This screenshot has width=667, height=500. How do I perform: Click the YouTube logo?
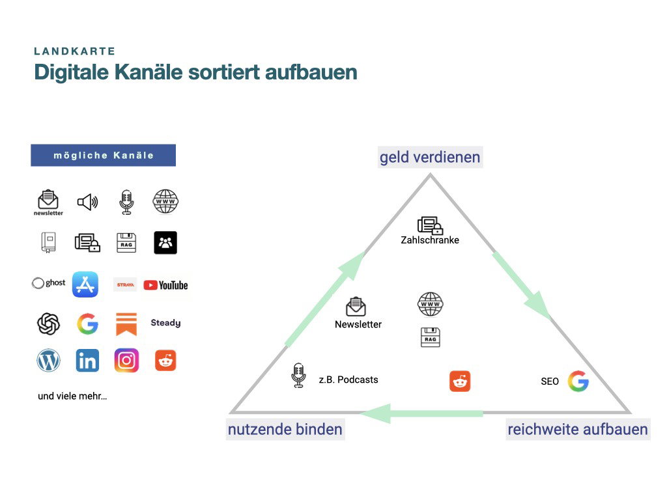pos(165,285)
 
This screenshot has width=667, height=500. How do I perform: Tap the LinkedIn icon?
pos(87,361)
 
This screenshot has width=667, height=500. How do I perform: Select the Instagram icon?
pos(126,361)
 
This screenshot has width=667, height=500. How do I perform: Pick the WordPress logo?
pos(48,361)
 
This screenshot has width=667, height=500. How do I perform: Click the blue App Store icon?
pos(85,285)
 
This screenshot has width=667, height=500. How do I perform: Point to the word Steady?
pos(165,323)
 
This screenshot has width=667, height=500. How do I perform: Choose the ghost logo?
pos(48,283)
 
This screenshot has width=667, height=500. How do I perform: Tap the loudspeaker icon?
pos(88,202)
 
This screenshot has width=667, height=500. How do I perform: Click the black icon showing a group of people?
pos(165,243)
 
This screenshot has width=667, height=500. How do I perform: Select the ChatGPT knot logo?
pos(48,324)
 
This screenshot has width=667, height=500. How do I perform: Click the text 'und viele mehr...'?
pos(72,396)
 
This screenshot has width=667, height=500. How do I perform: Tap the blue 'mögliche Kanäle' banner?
pos(104,155)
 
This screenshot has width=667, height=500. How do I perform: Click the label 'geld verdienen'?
pos(430,158)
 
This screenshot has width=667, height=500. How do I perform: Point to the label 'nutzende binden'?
pos(285,430)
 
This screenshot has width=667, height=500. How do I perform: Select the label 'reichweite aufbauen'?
pos(578,430)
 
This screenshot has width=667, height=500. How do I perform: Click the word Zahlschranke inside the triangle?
pos(430,240)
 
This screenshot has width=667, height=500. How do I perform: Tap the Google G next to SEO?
pos(578,381)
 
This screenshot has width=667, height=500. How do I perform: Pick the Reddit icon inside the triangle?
pos(460,381)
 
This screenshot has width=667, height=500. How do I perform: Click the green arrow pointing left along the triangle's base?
pos(421,413)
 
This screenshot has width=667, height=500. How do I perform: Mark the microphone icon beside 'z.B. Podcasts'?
pos(298,376)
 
